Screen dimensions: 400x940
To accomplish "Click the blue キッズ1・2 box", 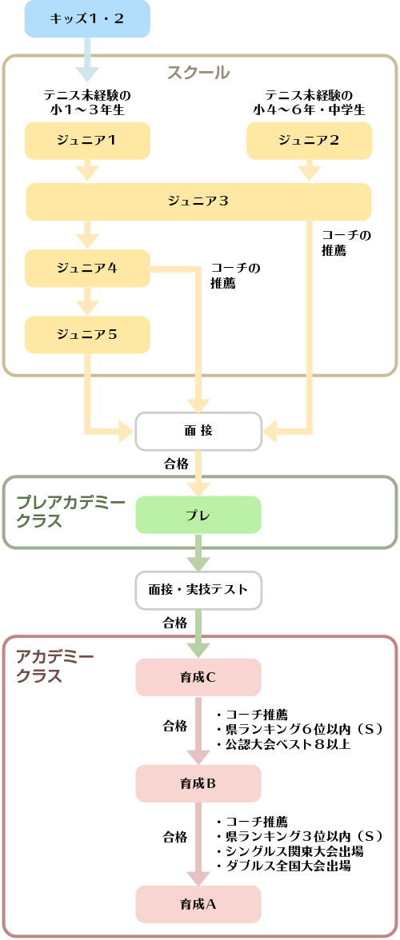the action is pos(86,18).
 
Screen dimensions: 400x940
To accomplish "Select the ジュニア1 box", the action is pos(86,141).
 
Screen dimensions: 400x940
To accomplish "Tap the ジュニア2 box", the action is pos(309,141).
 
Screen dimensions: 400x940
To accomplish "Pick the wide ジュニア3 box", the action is pos(198,201).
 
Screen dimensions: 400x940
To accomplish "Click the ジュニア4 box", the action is pos(86,268).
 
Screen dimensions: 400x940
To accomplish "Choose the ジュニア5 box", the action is pos(86,334).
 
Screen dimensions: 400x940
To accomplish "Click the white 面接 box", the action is pos(198,431).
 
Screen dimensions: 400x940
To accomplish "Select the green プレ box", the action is pos(198,515).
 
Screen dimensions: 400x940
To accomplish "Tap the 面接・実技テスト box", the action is pos(198,589).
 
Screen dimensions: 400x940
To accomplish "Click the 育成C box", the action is pos(198,678).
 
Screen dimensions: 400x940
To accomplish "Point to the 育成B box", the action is pos(198,783).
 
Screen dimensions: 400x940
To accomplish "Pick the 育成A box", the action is pos(198,904).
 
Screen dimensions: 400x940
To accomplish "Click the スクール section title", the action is pos(198,74).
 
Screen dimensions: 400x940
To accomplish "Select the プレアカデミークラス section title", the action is pos(70,512).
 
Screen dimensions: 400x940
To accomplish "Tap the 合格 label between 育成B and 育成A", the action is pos(175,836).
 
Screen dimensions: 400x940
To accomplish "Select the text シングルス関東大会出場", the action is pos(289,851).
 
